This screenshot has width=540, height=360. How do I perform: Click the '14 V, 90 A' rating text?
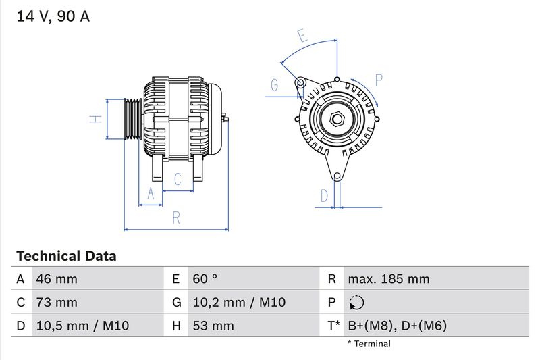pos(53,16)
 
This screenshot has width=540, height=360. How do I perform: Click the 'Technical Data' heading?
pos(66,256)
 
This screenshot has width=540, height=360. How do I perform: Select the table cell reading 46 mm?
pos(56,279)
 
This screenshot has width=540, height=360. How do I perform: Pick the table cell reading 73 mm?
pos(56,303)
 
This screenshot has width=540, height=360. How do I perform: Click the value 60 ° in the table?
pos(205,279)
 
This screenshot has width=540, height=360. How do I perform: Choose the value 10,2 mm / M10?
pos(239,303)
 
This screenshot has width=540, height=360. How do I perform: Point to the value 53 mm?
pos(213,326)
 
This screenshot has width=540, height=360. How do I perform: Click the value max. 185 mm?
pos(388,279)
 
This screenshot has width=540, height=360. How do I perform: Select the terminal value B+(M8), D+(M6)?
pos(397,326)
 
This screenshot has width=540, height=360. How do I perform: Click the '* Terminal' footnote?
pos(369,344)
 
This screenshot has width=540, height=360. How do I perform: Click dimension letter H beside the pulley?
pos(97,119)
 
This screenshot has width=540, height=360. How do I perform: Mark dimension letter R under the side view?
pos(175,217)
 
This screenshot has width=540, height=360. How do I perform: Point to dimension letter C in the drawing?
pos(178,179)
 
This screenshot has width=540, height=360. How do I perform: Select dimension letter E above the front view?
pos(302,36)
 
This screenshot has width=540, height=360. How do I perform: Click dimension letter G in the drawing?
pos(275,85)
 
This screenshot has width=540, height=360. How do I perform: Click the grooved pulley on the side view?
pos(132,120)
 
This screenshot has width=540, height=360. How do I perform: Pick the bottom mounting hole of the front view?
pos(337,176)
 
